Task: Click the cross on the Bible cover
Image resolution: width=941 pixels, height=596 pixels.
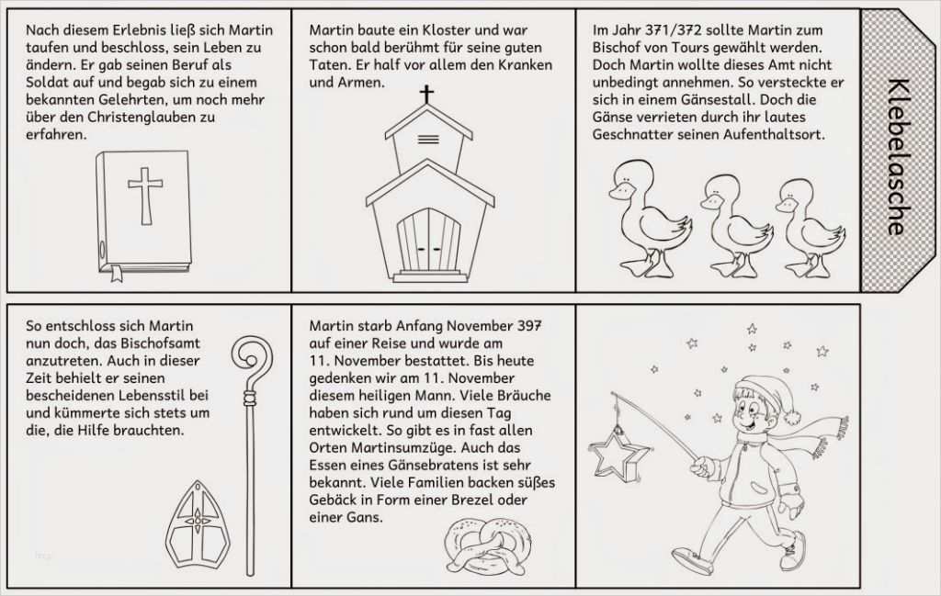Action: [145, 197]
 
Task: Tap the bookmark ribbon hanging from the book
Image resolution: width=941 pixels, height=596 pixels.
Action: [116, 273]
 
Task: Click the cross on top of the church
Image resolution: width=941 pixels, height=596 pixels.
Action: [426, 95]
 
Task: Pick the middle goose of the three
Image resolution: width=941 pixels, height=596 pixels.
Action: [736, 226]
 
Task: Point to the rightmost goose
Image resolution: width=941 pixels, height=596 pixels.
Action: [810, 228]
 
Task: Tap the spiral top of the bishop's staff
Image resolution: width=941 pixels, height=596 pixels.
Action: [252, 363]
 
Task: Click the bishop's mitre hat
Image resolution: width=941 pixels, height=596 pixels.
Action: [198, 523]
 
